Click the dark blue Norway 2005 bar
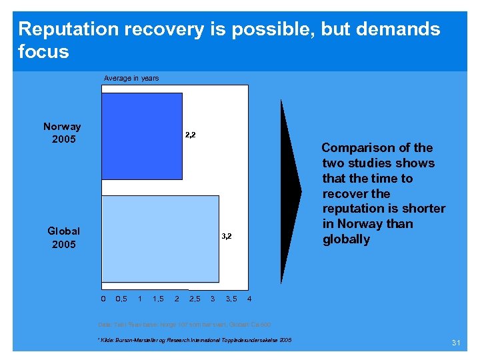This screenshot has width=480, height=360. click(141, 136)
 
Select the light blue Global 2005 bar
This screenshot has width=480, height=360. click(160, 238)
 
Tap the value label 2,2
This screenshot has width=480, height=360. click(190, 135)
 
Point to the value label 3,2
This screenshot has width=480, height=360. click(227, 237)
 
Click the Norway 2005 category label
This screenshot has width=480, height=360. click(62, 133)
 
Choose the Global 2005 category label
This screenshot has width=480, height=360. click(63, 237)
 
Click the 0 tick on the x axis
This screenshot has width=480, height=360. click(103, 298)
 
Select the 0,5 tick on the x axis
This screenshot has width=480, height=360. click(122, 298)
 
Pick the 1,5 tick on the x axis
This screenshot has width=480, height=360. click(159, 298)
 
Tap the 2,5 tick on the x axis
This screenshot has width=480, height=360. click(195, 298)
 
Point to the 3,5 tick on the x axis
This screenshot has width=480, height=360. click(231, 298)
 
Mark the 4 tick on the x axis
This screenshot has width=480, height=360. click(249, 298)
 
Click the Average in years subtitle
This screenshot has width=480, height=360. click(131, 78)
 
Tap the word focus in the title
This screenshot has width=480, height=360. click(43, 51)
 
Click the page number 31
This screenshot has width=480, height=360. click(457, 343)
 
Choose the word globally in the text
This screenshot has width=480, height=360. click(346, 239)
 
